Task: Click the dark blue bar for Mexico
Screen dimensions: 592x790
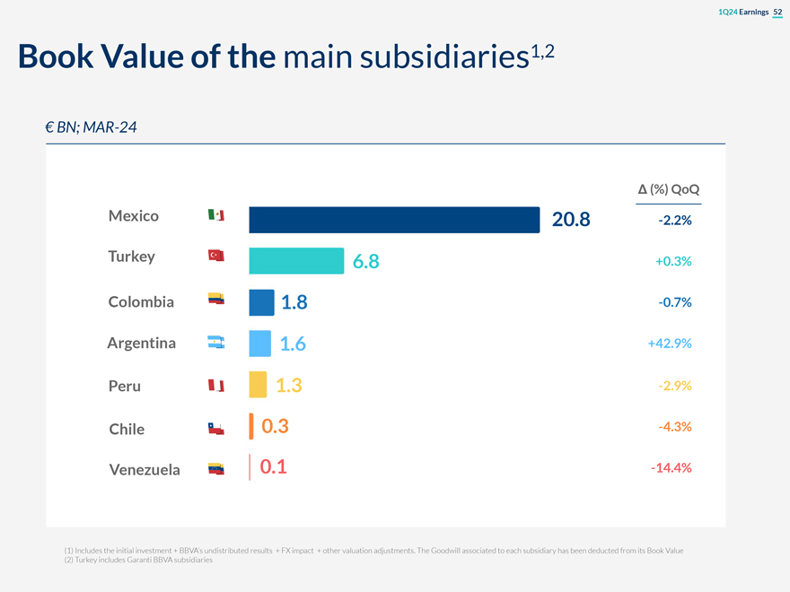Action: [x=394, y=219]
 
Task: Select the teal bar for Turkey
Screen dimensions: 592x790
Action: [x=296, y=260]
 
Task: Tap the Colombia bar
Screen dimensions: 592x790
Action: [x=261, y=302]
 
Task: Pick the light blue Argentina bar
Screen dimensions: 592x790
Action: [x=259, y=344]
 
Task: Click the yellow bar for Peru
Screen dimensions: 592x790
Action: [x=258, y=385]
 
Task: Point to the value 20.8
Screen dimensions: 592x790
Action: [x=571, y=219]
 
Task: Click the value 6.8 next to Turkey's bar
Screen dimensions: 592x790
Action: [x=366, y=261]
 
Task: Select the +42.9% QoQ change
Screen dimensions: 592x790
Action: [x=669, y=344]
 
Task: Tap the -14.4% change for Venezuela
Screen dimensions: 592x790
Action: [x=670, y=468]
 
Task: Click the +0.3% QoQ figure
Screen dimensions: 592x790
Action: [x=672, y=261]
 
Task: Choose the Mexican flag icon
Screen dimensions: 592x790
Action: [x=215, y=215]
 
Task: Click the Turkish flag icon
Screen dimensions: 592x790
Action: [x=215, y=257]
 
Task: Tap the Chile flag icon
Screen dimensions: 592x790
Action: [x=215, y=429]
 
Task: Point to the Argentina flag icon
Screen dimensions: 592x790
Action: [x=215, y=343]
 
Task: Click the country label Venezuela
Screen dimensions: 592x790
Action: [x=145, y=469]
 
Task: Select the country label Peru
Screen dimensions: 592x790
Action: [x=125, y=387]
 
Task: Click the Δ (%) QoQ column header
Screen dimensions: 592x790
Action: [x=669, y=189]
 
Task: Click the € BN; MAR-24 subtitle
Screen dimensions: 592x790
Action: [x=91, y=127]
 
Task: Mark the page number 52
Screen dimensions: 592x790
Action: [x=777, y=11]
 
